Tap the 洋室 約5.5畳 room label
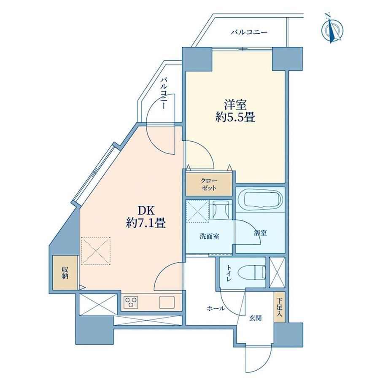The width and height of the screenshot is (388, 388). coord(235,111)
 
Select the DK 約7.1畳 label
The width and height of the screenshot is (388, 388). coord(146,217)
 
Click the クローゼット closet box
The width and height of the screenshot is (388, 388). coord(209,184)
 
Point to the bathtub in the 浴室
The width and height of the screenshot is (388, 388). coord(263,199)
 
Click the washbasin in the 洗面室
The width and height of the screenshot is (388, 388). coord(221,210)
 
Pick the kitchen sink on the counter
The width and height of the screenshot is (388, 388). coord(167,302)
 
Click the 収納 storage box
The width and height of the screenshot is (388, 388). coord(65,272)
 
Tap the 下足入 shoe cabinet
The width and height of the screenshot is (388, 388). coord(279,307)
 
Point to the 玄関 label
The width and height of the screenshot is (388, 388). coord(255,318)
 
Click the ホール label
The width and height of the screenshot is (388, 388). coord(216,308)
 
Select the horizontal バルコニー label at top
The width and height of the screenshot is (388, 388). coord(249,32)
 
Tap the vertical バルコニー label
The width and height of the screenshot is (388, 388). coord(163,94)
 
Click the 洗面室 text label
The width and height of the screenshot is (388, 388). coord(210,236)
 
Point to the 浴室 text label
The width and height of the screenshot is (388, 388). coord(260,233)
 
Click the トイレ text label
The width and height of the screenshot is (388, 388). coord(229,273)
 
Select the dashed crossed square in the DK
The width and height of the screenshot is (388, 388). coord(96,251)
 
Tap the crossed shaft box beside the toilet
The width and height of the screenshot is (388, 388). coord(277,272)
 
